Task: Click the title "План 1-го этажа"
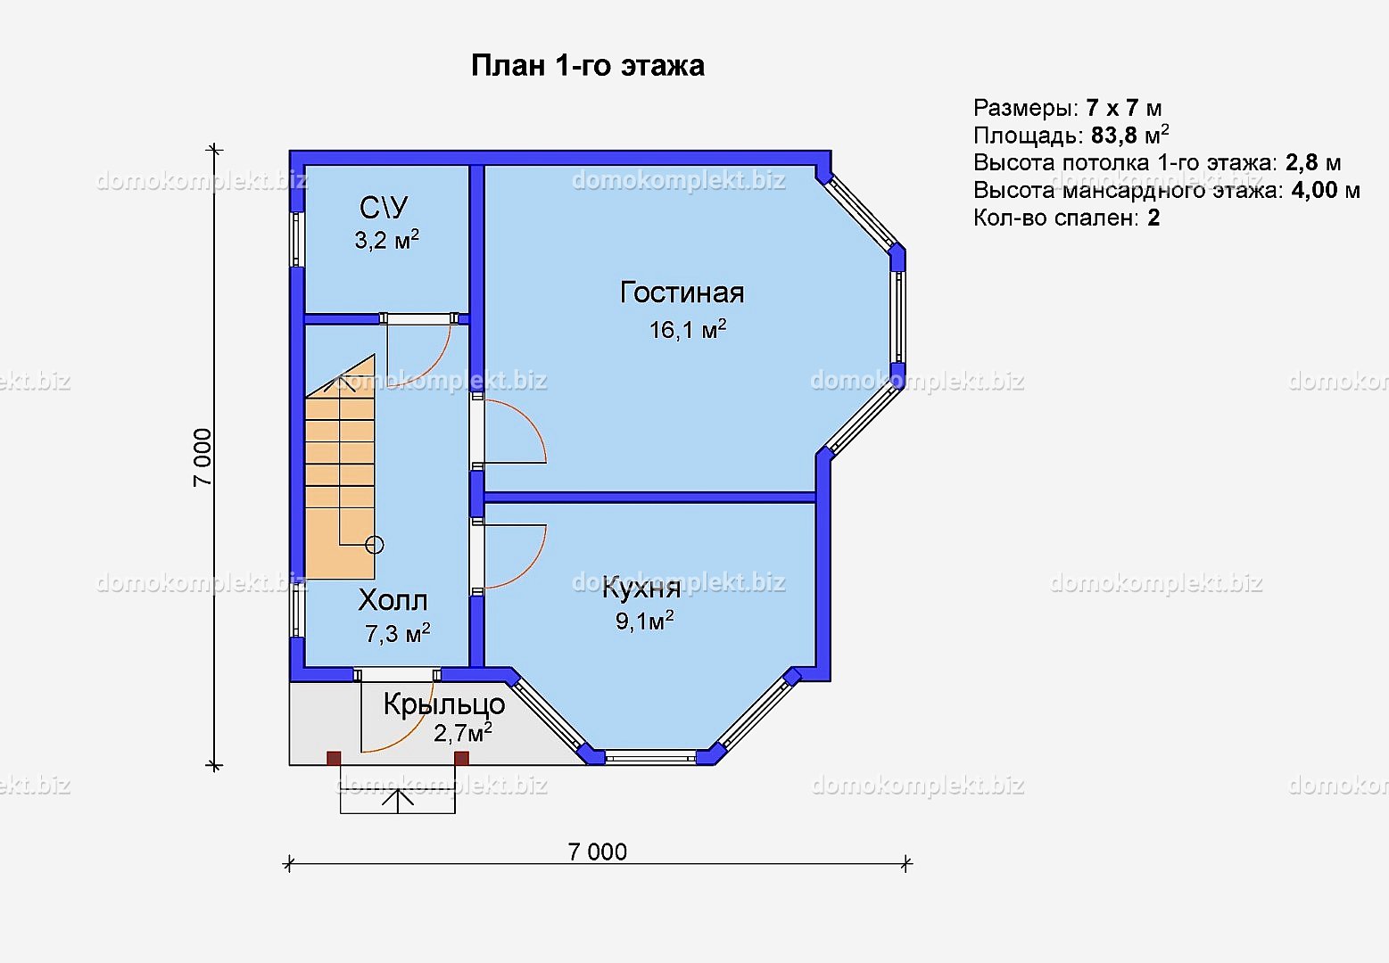[x=588, y=66]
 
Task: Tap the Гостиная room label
[x=682, y=292]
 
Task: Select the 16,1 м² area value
[x=688, y=329]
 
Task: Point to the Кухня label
[x=641, y=588]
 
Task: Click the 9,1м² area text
[x=644, y=621]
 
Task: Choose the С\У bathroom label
[x=384, y=208]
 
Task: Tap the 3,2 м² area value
[x=386, y=240]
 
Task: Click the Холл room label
[x=393, y=600]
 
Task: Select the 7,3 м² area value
[x=398, y=633]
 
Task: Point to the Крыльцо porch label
[x=444, y=704]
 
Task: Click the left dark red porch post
[x=334, y=758]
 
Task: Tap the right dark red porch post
[x=461, y=758]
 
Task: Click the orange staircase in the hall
[x=340, y=471]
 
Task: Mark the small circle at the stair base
[x=375, y=545]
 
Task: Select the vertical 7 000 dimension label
[x=203, y=457]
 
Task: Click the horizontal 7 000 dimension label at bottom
[x=597, y=852]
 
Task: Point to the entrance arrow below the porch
[x=398, y=800]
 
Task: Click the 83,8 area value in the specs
[x=1114, y=136]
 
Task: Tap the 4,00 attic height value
[x=1315, y=190]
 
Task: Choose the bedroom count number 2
[x=1153, y=218]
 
